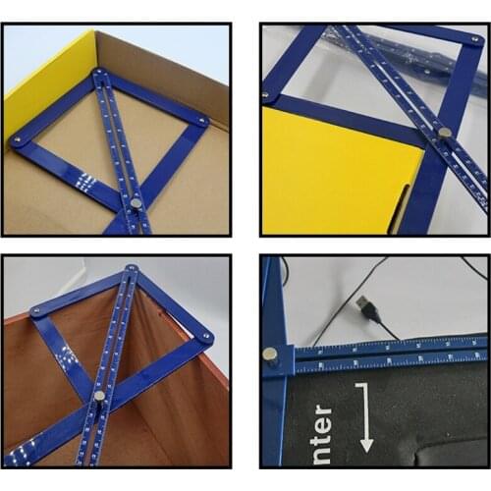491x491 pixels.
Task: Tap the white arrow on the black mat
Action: coord(365,418)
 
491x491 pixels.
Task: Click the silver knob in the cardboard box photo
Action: coord(136,203)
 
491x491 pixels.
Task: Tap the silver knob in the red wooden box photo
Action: coord(100,396)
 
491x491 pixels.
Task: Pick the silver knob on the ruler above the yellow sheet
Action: coord(444,131)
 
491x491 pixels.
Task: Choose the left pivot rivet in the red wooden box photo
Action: coord(36,310)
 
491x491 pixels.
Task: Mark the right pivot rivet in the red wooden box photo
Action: coord(207,336)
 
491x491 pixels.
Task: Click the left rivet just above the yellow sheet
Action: coord(265,95)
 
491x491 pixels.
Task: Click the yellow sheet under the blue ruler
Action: coord(324,177)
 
